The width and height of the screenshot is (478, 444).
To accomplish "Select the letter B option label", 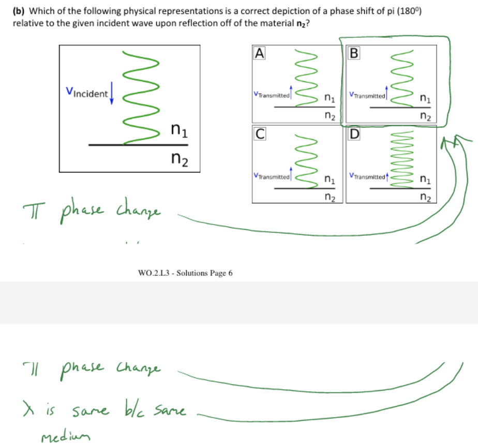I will coord(354,53).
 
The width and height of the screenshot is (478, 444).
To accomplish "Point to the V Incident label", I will coord(87,94).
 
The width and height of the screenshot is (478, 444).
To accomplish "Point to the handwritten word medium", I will coord(61,432).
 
